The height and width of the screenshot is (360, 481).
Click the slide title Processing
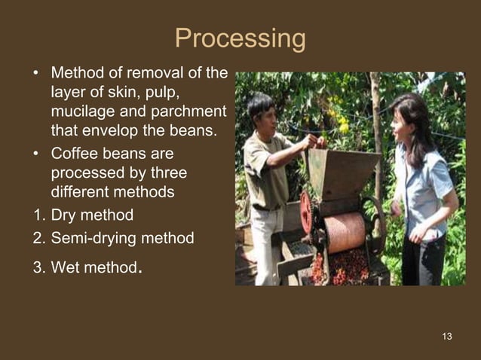pyautogui.click(x=240, y=39)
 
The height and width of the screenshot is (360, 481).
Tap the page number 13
pyautogui.click(x=447, y=336)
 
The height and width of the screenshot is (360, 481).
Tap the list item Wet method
pyautogui.click(x=94, y=265)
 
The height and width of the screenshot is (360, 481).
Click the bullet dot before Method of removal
pyautogui.click(x=35, y=75)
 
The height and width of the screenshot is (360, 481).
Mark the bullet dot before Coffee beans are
pyautogui.click(x=35, y=154)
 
